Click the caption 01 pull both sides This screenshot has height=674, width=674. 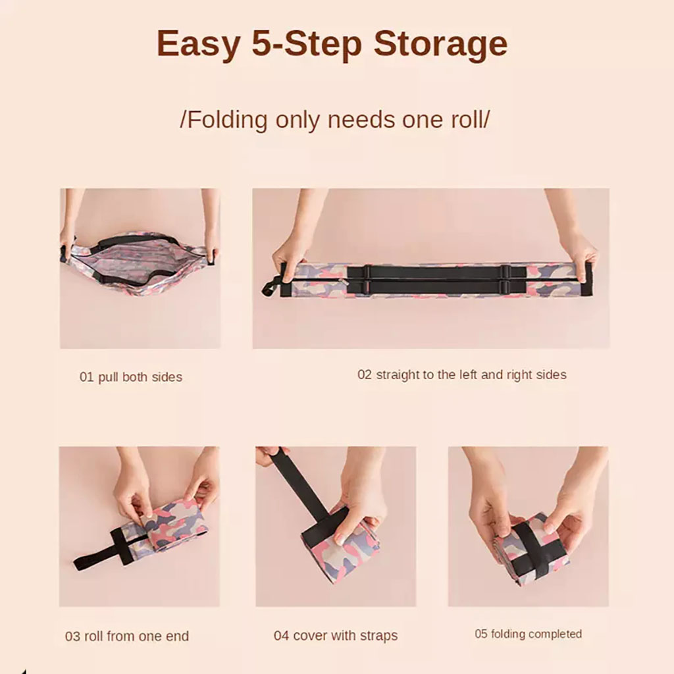131,377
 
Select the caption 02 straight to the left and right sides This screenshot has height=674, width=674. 461,375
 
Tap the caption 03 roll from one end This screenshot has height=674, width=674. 127,636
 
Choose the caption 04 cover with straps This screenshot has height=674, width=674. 336,636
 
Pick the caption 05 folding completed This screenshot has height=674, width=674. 529,634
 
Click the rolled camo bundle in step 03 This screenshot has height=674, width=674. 174,526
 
